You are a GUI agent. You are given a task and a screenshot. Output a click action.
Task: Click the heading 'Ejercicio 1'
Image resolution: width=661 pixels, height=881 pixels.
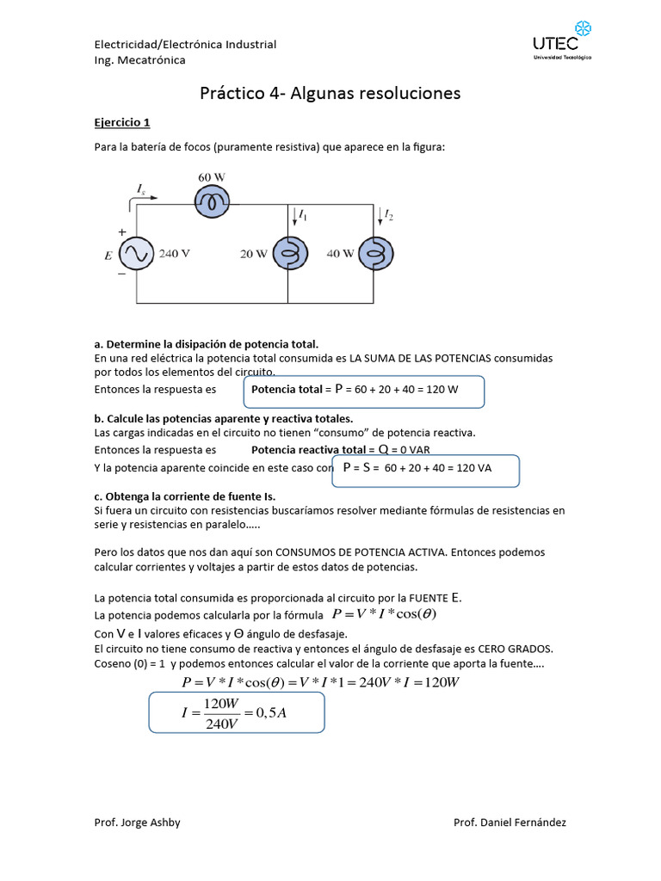coord(121,122)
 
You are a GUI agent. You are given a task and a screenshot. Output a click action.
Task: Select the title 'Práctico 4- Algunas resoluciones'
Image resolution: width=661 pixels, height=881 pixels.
coord(330,93)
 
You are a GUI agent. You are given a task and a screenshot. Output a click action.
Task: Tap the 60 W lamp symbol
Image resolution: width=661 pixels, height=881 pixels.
coord(211,202)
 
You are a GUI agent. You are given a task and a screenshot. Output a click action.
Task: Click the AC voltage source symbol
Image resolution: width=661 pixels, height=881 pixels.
coord(137,254)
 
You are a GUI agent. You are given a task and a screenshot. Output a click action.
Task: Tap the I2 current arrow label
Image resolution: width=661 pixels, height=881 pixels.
coord(388,214)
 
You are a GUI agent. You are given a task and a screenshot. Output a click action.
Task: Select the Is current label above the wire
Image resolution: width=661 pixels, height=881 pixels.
coord(141,188)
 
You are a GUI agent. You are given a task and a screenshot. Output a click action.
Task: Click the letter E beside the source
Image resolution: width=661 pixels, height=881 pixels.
coord(108,255)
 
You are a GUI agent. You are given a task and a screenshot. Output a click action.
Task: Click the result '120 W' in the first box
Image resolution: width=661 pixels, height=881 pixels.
coord(442,390)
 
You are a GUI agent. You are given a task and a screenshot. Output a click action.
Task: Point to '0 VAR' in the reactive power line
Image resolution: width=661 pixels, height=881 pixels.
coord(410,450)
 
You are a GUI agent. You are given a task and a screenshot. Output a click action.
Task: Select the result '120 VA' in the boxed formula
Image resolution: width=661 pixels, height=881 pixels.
coord(473,469)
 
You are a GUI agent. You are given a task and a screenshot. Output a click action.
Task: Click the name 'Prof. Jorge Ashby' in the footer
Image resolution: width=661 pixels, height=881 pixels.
coord(137,822)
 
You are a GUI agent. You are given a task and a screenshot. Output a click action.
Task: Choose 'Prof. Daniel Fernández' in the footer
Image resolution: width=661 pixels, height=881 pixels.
coord(510,822)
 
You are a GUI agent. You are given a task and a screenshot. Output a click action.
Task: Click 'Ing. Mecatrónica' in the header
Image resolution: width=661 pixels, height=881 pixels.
coord(139,60)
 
